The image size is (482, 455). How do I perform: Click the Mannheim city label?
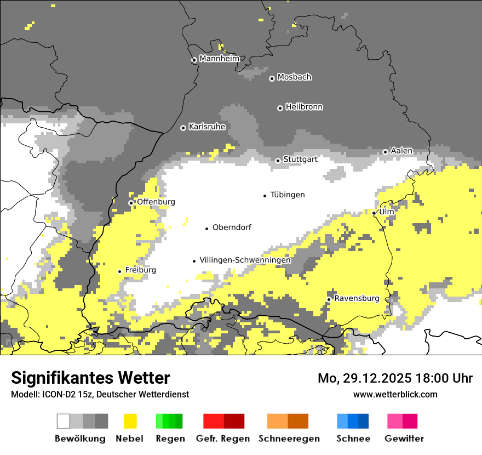click(220, 59)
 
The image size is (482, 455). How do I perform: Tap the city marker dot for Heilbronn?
click(280, 108)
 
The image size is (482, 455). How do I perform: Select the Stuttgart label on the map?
click(301, 160)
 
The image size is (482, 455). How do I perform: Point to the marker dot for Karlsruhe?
click(183, 128)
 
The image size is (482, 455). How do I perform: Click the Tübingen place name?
click(288, 195)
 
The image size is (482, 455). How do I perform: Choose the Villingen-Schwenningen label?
click(245, 260)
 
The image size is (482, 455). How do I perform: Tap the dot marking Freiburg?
click(119, 271)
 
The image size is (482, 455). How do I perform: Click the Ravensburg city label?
click(357, 298)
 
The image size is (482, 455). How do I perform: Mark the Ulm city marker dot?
click(374, 213)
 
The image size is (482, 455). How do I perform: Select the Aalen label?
click(401, 151)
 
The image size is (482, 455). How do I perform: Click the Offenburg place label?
click(156, 202)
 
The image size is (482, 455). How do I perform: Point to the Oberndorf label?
click(232, 228)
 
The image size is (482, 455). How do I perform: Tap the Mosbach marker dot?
click(272, 78)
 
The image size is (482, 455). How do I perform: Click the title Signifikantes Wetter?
click(90, 378)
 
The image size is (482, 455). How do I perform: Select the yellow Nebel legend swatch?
click(130, 421)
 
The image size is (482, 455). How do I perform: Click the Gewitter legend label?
click(404, 439)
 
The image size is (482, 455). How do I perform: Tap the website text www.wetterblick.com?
click(395, 394)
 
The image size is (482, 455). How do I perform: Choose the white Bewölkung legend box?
click(64, 421)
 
